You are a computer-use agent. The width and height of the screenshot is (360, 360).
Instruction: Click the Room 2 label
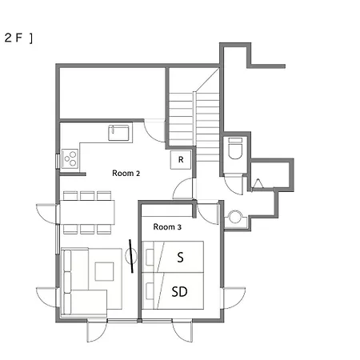[126, 174]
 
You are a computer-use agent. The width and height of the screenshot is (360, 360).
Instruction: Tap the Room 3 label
[167, 227]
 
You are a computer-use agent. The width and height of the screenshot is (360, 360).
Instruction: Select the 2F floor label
[18, 38]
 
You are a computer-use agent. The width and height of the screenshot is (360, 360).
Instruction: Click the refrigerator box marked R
[181, 160]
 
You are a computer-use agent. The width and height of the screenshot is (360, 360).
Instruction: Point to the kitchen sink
[118, 133]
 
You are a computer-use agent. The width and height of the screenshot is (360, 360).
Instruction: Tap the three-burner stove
[70, 158]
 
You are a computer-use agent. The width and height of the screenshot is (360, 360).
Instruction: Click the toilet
[235, 148]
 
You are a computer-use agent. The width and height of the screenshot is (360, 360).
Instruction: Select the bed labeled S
[173, 257]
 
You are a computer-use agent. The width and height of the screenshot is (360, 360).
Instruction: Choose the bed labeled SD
[173, 291]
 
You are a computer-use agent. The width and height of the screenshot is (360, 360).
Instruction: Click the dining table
[87, 212]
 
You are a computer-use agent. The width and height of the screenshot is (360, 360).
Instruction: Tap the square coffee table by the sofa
[104, 271]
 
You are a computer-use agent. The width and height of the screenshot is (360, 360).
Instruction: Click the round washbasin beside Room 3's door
[235, 217]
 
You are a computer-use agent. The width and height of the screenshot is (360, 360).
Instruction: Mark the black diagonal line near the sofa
[131, 256]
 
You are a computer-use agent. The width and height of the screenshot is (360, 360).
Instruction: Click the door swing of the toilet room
[234, 185]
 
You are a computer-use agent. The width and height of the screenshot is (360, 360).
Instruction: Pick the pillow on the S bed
[150, 257]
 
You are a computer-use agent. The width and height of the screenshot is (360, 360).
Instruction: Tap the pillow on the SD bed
[150, 291]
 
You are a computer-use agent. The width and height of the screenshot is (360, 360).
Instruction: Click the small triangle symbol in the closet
[258, 183]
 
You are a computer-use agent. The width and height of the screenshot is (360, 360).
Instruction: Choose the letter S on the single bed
[181, 257]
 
